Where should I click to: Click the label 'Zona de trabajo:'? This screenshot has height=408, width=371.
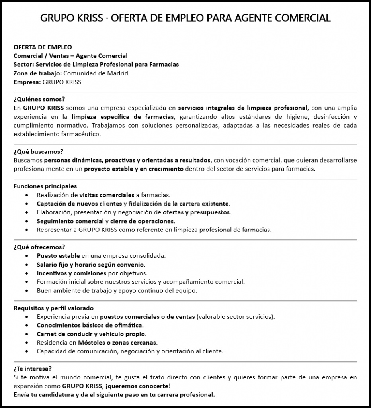(x=37, y=73)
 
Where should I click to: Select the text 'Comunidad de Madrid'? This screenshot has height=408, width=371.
(x=96, y=73)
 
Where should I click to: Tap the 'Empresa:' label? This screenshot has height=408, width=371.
(x=27, y=82)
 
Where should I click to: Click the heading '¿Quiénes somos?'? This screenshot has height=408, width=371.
(x=39, y=99)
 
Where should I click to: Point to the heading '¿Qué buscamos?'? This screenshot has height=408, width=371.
(x=38, y=151)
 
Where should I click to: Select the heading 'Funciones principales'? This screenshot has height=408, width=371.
(x=45, y=186)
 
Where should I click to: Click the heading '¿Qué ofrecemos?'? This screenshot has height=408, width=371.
(x=39, y=247)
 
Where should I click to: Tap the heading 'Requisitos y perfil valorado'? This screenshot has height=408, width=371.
(x=53, y=308)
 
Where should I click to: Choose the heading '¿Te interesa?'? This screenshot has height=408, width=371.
(x=33, y=369)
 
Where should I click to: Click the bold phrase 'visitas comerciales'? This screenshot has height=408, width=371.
(x=107, y=195)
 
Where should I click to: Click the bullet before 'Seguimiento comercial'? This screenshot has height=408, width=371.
(x=27, y=221)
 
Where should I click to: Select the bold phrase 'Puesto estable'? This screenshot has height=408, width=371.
(x=58, y=255)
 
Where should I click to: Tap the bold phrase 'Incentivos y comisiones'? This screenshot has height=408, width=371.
(x=71, y=273)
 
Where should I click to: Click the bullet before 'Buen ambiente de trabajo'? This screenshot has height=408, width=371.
(x=27, y=291)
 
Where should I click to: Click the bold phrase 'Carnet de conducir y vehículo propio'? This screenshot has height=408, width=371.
(x=91, y=334)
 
